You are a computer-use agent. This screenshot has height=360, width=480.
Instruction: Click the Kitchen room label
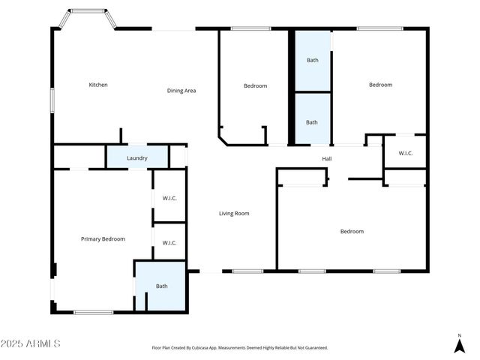[98, 85]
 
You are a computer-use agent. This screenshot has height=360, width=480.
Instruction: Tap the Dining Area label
[181, 91]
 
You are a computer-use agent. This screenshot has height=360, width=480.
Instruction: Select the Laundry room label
[136, 158]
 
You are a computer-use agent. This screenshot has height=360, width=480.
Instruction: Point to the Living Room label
[234, 214]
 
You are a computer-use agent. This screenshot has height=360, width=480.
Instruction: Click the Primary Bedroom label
[103, 239]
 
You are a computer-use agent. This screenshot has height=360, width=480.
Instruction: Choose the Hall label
[327, 159]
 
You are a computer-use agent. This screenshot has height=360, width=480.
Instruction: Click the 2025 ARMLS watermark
[31, 343]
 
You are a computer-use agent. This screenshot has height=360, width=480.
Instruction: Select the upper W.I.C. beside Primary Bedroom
[169, 199]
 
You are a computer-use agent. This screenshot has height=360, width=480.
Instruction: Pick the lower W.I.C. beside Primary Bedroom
[169, 242]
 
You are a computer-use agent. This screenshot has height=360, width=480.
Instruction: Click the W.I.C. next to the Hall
[405, 154]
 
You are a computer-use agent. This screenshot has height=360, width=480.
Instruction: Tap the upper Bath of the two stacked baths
[312, 60]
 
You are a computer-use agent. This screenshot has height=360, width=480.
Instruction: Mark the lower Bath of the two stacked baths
[312, 122]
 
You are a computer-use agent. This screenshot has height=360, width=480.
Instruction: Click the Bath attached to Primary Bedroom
[162, 286]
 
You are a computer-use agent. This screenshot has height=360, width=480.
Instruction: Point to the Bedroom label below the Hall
[352, 232]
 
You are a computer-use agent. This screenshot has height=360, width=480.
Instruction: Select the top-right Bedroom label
[380, 85]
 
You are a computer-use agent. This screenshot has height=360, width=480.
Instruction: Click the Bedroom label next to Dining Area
[255, 86]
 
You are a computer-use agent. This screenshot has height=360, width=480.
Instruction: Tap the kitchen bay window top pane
[88, 11]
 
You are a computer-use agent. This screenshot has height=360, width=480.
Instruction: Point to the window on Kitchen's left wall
[52, 100]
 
